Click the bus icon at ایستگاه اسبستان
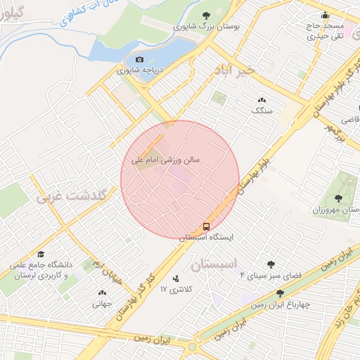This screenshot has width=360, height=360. (x=207, y=226)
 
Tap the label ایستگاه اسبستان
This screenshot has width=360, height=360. (x=206, y=238)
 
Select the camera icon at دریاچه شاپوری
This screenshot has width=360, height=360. (x=139, y=60)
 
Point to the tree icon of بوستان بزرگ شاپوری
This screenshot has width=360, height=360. (x=206, y=15)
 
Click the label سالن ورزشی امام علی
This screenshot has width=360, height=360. (x=166, y=160)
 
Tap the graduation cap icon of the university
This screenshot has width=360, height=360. (x=41, y=255)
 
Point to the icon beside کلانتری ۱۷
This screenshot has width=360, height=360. (x=175, y=278)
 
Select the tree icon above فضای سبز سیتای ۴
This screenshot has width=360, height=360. (x=271, y=264)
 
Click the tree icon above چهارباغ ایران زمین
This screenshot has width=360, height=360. (x=280, y=293)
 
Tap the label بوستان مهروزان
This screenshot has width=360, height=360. (x=336, y=210)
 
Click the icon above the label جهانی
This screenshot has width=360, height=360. (x=103, y=293)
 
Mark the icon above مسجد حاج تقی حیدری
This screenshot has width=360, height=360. (x=325, y=15)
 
